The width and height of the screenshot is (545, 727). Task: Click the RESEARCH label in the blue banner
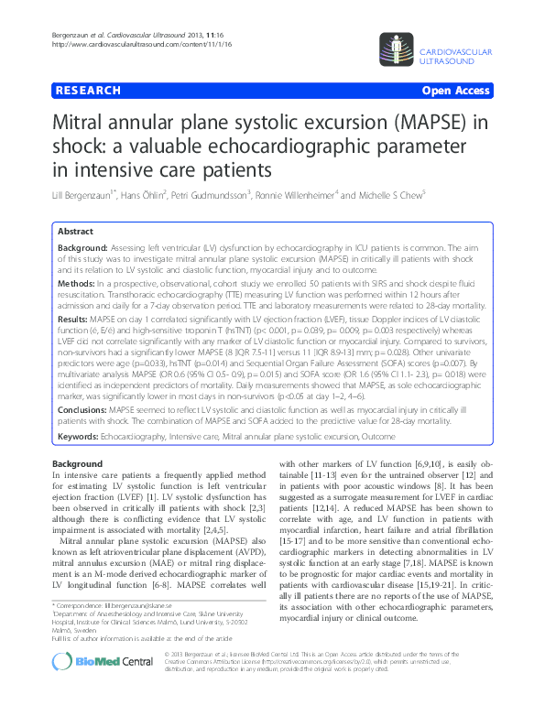(89, 92)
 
